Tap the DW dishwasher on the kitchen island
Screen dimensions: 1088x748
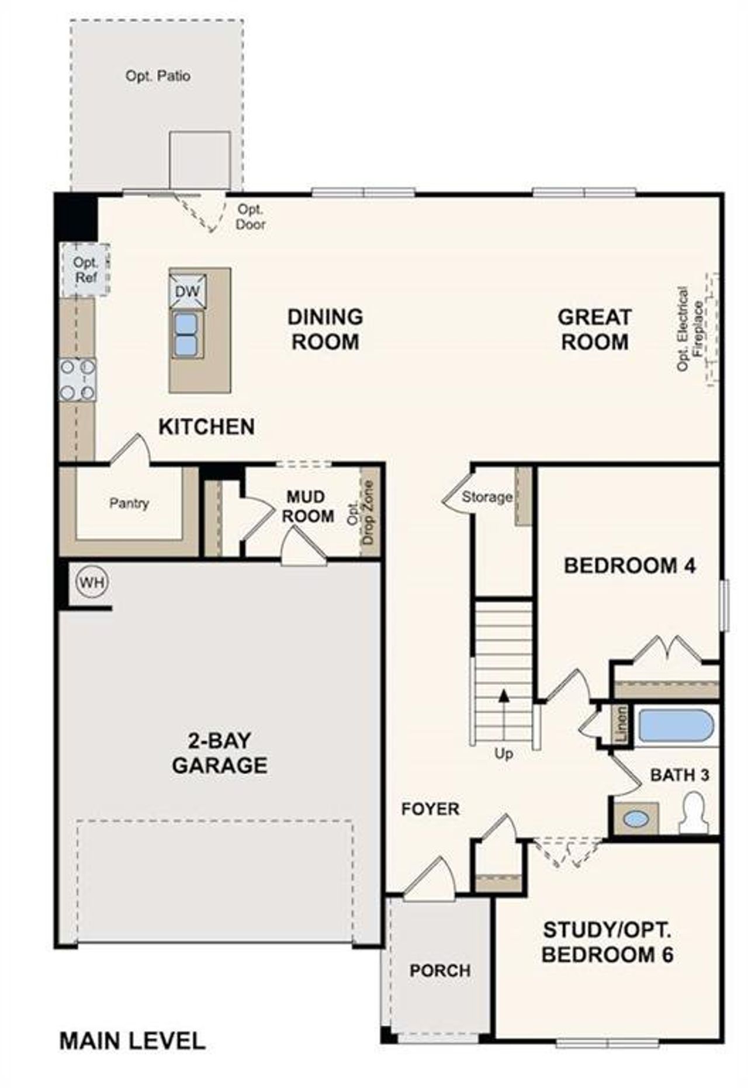(x=187, y=291)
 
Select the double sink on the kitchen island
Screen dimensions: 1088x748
(x=187, y=334)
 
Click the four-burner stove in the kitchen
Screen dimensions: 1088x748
(x=78, y=380)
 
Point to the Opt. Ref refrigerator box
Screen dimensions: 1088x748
(x=85, y=270)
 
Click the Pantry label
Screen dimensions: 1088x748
(x=129, y=503)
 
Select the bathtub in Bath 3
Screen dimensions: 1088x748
(x=676, y=725)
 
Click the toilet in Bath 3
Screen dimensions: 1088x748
(x=694, y=814)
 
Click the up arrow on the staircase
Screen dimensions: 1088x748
(x=504, y=695)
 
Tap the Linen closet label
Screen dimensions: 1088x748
(x=622, y=725)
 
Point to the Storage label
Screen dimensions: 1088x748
(x=487, y=497)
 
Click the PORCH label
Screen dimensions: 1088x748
(x=439, y=971)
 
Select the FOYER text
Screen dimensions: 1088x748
(x=430, y=809)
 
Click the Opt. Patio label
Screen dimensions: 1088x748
(x=158, y=76)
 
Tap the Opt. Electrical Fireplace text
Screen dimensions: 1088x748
(x=690, y=328)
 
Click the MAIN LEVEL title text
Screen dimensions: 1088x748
(x=132, y=1041)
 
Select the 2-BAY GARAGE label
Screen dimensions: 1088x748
(x=220, y=753)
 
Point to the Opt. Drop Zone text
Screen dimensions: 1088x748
(x=361, y=512)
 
